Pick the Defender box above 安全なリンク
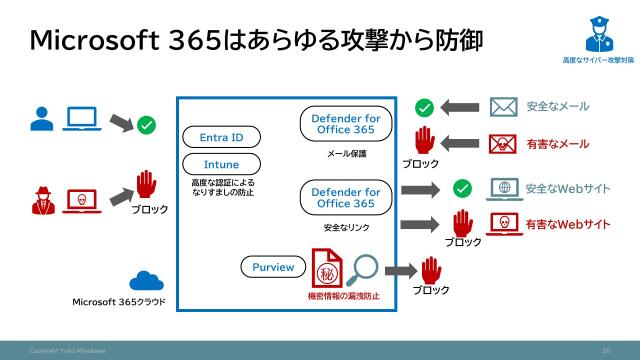[339, 197]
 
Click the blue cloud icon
[147, 281]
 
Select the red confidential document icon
[327, 271]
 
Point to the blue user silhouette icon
[41, 119]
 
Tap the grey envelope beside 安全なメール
[503, 107]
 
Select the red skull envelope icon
[503, 144]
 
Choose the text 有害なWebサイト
[568, 223]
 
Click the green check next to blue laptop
[146, 125]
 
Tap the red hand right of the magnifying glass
[431, 270]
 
